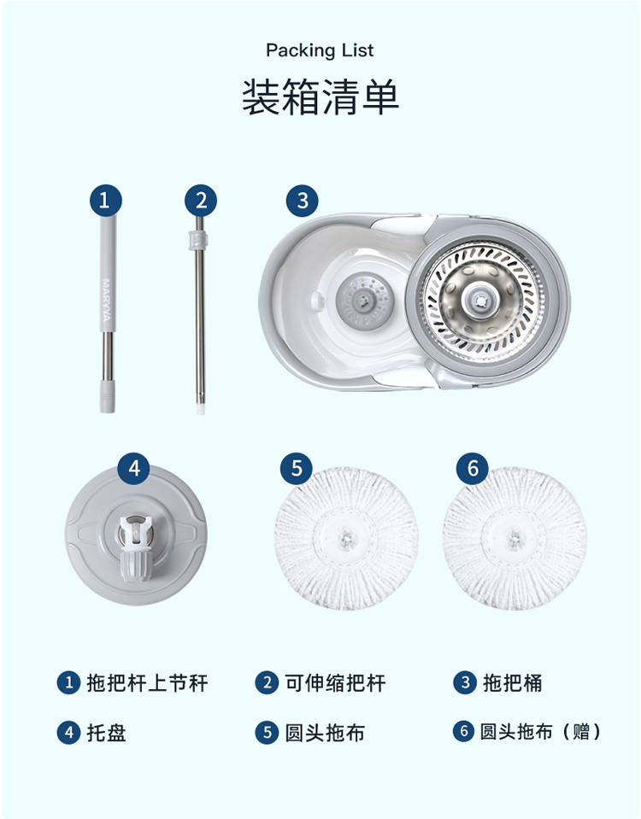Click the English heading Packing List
(x=320, y=50)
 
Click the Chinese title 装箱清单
(x=320, y=97)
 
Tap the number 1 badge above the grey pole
(x=106, y=200)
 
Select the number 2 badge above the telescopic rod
(x=201, y=200)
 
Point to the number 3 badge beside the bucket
(x=303, y=201)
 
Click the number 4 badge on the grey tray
(x=134, y=468)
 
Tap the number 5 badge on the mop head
(x=297, y=468)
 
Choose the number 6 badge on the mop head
(x=473, y=468)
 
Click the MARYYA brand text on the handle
(x=106, y=300)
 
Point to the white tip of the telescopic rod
(x=200, y=408)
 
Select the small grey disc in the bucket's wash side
(x=364, y=301)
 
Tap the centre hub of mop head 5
(x=345, y=537)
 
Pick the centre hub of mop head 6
(x=515, y=537)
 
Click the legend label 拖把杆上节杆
(x=148, y=682)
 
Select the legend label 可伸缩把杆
(x=335, y=682)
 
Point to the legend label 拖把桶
(x=513, y=682)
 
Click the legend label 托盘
(x=107, y=732)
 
